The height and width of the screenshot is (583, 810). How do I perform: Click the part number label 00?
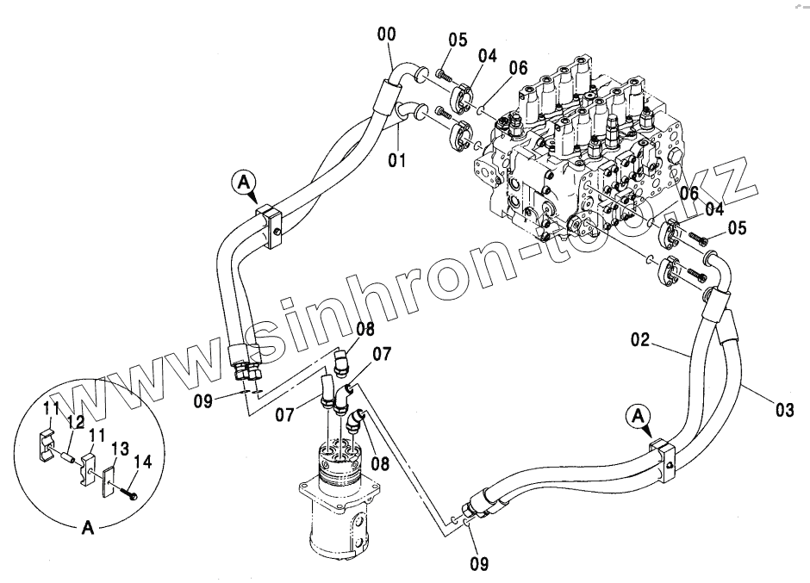click(x=388, y=34)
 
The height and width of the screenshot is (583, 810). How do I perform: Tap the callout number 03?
click(x=783, y=411)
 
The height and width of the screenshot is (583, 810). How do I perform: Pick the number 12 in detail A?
click(x=76, y=423)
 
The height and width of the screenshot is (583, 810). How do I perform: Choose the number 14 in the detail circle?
click(x=143, y=462)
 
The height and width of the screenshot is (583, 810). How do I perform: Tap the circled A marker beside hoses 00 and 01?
click(x=244, y=182)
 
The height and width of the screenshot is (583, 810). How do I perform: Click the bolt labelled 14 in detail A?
click(x=130, y=492)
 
